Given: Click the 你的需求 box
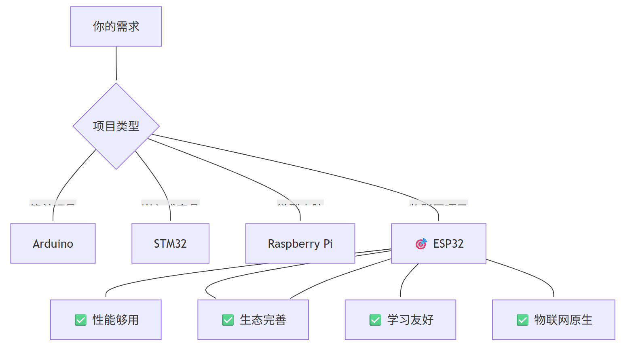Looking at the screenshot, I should tap(116, 26).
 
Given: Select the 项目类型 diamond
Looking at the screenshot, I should tap(116, 126).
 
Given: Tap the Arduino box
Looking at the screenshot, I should tap(53, 244).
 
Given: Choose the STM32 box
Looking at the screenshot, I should tap(170, 244).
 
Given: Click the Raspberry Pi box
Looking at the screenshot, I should tap(300, 244).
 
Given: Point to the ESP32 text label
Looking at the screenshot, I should tap(448, 244).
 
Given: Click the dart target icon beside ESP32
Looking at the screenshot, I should tap(421, 244).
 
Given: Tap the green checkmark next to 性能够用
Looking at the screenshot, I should tap(80, 320).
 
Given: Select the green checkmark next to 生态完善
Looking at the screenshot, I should tap(228, 320).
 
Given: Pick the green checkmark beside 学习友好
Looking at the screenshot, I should tap(375, 320).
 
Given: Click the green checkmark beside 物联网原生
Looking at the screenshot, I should tap(522, 320).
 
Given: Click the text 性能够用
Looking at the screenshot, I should tap(116, 320).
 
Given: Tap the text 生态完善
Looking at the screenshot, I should tap(263, 320).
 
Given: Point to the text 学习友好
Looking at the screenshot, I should tap(410, 320).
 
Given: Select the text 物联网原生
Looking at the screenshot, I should tap(563, 320).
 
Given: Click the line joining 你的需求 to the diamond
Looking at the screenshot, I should tap(116, 64).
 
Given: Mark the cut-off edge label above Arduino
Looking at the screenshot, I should tap(53, 202).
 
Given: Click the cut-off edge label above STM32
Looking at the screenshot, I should tap(170, 202).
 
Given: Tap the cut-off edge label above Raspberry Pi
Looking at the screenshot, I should tap(300, 202).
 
